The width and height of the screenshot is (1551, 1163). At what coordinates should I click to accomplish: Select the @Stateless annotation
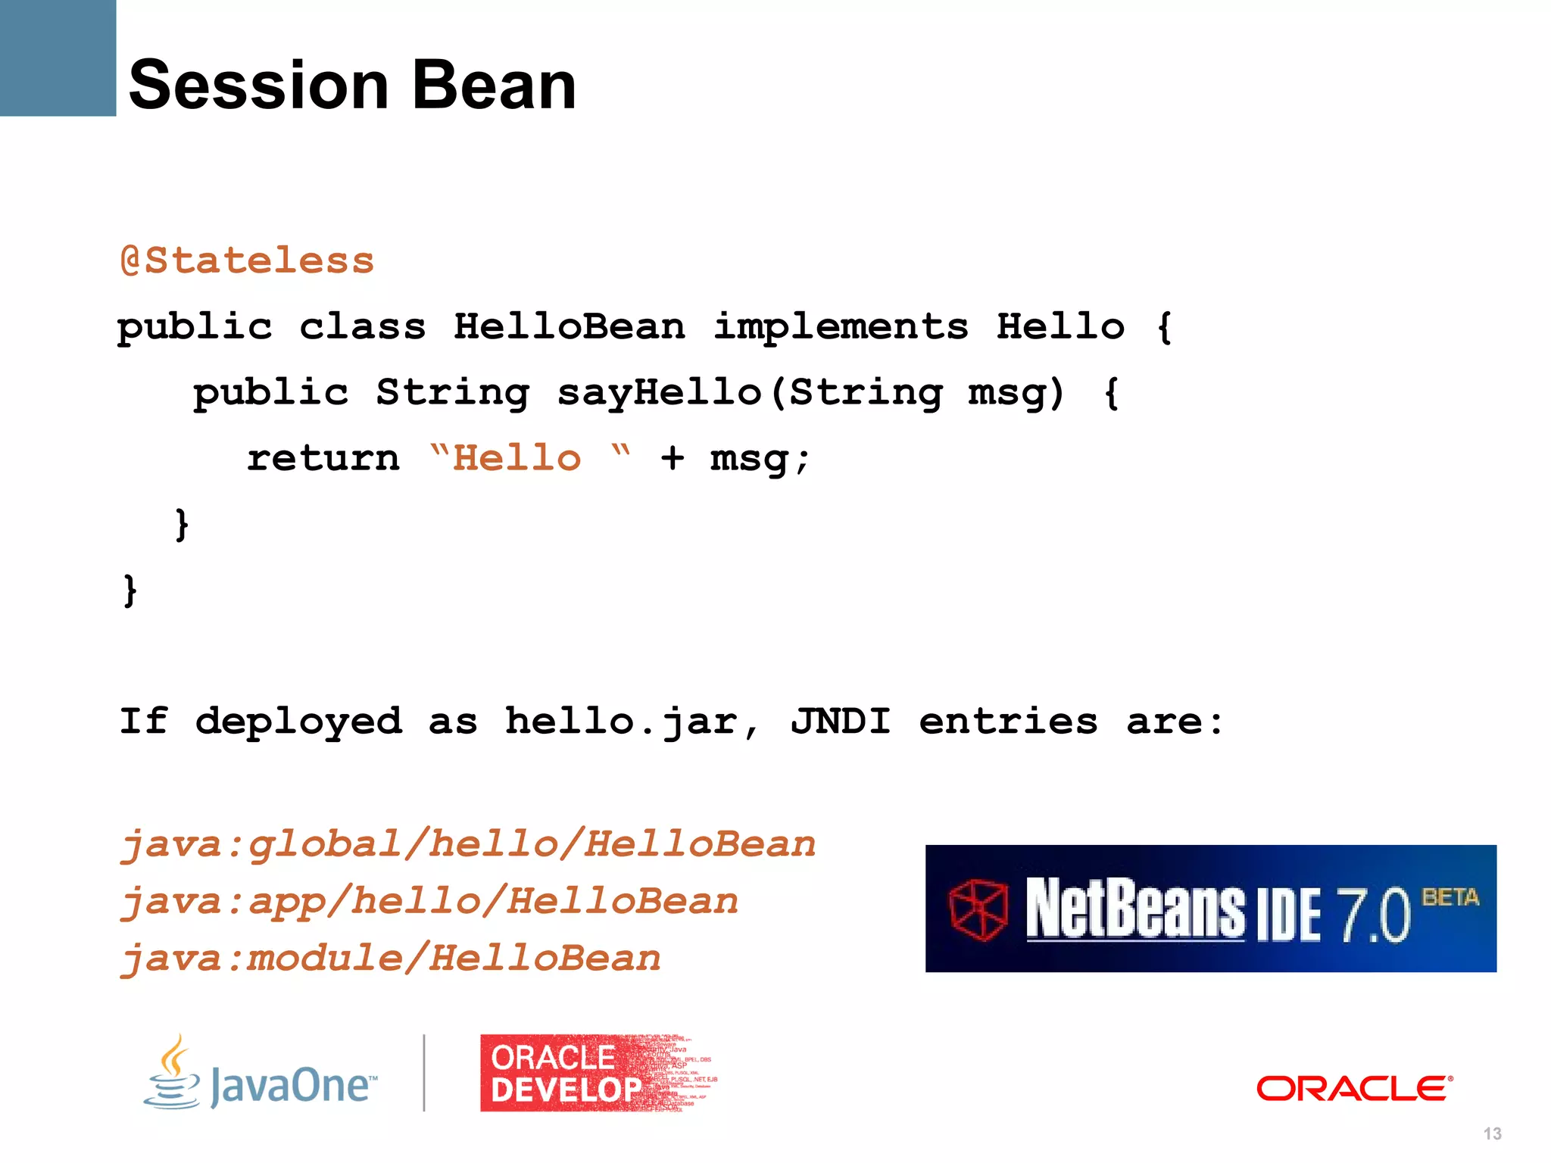point(247,261)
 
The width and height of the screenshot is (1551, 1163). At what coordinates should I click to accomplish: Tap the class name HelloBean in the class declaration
point(570,327)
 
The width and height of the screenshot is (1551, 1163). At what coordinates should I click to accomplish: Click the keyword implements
point(841,327)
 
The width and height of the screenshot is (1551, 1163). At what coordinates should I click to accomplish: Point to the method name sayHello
point(659,393)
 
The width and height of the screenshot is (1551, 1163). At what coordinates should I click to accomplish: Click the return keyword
point(323,459)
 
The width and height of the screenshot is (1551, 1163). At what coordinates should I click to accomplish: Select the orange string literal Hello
point(517,459)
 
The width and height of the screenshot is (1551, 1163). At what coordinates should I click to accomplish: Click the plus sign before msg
point(672,459)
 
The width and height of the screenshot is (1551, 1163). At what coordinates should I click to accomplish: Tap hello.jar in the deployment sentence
point(621,721)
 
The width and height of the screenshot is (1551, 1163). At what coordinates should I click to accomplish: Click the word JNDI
point(841,721)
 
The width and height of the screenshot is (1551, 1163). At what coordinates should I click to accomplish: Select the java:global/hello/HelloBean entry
point(468,844)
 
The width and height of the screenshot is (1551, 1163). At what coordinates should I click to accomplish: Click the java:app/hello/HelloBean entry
point(429,902)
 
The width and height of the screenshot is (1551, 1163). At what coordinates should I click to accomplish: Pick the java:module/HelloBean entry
point(391,959)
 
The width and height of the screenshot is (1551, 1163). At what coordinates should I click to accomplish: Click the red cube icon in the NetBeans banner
point(978,910)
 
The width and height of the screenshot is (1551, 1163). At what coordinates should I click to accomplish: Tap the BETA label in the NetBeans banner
point(1450,898)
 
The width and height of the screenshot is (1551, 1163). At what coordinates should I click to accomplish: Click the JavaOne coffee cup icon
point(173,1073)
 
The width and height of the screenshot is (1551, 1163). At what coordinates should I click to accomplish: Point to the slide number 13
point(1492,1133)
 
